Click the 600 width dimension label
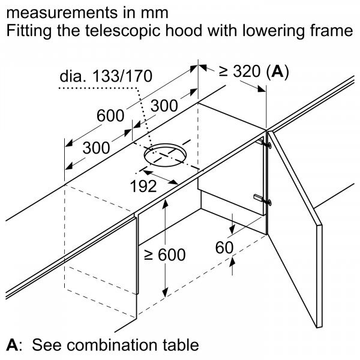[110, 116]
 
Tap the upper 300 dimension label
[164, 106]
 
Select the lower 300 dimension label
[96, 148]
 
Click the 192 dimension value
[143, 186]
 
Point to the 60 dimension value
[224, 247]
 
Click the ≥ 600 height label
[165, 254]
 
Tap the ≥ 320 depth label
[239, 71]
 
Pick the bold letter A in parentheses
[277, 71]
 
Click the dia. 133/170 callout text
[106, 76]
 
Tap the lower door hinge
[263, 199]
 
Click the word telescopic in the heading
[122, 31]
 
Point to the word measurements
[62, 13]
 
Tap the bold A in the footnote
[12, 345]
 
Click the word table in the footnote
[181, 344]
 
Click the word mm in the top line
[155, 13]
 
